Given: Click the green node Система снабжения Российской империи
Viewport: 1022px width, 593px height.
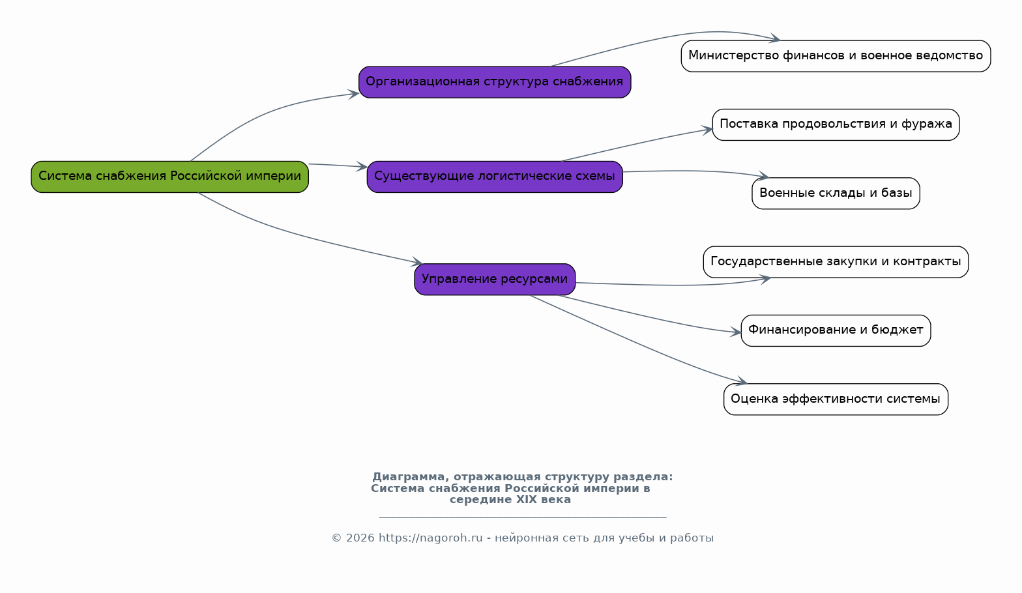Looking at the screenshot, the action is tap(169, 177).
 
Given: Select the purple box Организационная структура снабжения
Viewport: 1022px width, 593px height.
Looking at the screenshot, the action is tap(495, 82).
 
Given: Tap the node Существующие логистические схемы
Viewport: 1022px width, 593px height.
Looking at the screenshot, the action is tap(495, 177).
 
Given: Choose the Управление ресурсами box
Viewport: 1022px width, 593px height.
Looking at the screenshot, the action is tap(495, 279).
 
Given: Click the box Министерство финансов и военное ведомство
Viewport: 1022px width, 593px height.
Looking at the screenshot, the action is tap(836, 56).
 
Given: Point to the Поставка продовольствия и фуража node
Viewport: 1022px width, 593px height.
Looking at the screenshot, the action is tap(836, 124).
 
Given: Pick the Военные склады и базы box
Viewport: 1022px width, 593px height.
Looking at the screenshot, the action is tap(836, 194).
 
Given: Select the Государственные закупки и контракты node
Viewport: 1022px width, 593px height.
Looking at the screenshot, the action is tap(836, 262).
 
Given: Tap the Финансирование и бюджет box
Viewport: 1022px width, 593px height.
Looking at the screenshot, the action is tap(836, 331).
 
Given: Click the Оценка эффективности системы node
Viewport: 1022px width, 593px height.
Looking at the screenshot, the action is tap(836, 399).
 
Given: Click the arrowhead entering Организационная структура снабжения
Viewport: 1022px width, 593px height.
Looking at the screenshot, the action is tap(353, 94).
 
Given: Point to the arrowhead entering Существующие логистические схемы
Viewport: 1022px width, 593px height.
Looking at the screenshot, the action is tap(362, 167).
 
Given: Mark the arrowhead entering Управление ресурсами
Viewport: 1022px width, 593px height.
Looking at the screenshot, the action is tap(416, 262).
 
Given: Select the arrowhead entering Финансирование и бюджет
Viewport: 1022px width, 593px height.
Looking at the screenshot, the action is tap(735, 332).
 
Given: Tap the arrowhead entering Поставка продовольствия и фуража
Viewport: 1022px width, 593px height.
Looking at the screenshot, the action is tap(707, 130).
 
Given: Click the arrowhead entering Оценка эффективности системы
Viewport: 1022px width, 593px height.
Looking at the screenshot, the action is tap(741, 381).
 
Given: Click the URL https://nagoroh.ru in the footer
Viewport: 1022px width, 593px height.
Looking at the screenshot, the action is tap(430, 538).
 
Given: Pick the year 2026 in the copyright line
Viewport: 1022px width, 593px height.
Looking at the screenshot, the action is tap(360, 538).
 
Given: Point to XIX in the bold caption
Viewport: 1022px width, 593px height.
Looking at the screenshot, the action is tap(526, 499).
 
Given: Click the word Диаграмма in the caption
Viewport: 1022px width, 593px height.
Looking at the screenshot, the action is tap(410, 477).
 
